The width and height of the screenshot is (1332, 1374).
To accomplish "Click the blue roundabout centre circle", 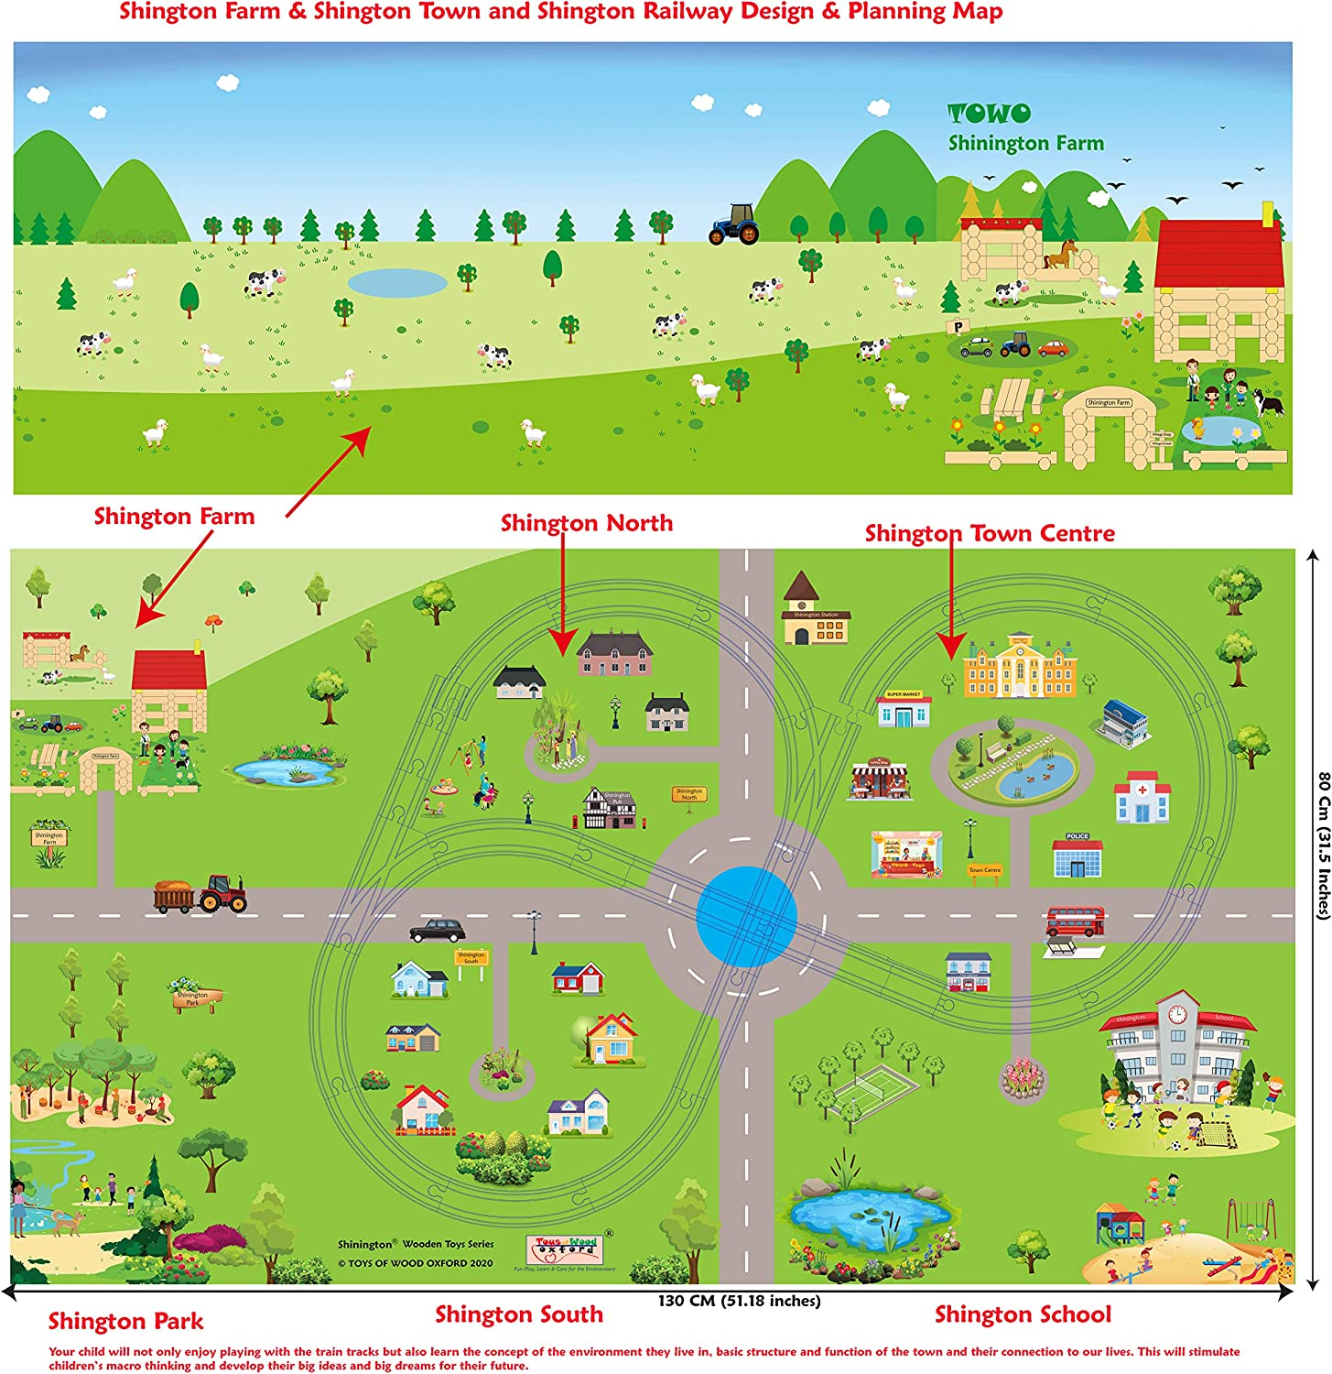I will tap(746, 916).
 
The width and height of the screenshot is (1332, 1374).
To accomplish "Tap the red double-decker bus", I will tap(1075, 921).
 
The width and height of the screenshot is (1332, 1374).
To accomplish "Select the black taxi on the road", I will tap(437, 932).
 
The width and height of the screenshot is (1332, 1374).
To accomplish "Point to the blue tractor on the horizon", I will tap(734, 224).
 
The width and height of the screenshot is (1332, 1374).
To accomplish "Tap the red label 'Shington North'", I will tap(586, 523).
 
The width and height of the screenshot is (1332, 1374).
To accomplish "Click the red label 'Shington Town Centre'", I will tap(990, 533).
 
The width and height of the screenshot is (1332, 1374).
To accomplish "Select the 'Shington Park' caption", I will tap(125, 1321).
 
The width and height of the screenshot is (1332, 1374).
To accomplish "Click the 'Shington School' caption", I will tap(1023, 1314).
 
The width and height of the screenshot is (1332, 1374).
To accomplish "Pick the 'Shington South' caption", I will tap(519, 1314).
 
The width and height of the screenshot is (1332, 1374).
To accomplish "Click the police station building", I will tap(1078, 856).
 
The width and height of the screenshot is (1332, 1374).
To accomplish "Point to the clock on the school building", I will tap(1177, 1014).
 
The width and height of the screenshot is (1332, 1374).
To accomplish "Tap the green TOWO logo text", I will tap(989, 114).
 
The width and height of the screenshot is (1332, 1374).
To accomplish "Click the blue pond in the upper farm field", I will tap(397, 282).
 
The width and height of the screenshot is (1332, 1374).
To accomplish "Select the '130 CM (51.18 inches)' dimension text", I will tap(739, 1301).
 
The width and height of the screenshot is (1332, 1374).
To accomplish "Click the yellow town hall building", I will tap(1020, 666).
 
